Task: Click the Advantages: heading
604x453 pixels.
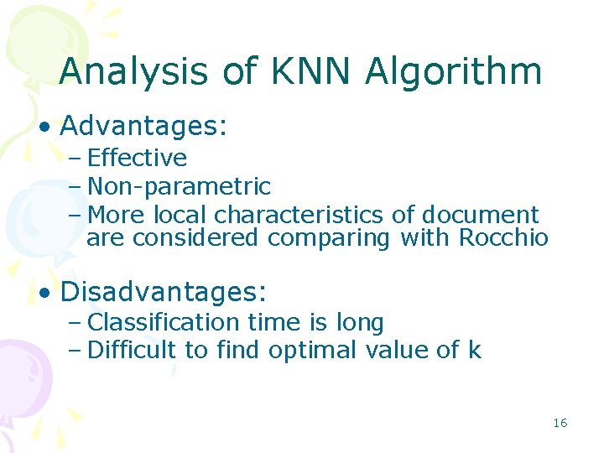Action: (x=144, y=127)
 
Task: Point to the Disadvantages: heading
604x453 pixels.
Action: (x=164, y=293)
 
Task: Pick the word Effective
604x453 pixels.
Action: (x=137, y=158)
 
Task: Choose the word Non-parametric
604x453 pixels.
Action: (x=179, y=186)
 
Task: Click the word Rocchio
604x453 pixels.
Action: (x=503, y=238)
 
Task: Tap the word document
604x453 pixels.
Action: (x=480, y=215)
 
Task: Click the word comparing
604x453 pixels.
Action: (x=329, y=239)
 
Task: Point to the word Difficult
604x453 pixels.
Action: (x=132, y=350)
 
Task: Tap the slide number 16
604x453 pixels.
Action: (x=560, y=423)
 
